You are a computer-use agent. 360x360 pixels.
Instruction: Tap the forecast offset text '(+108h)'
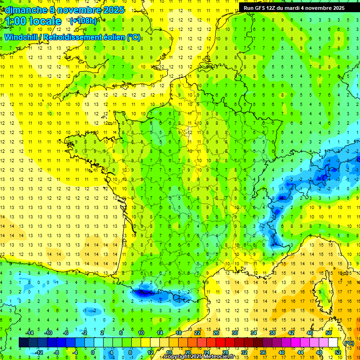click(x=83, y=21)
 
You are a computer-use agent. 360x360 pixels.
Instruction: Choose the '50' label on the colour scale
click(x=329, y=333)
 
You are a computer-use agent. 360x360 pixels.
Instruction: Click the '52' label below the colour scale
click(x=338, y=352)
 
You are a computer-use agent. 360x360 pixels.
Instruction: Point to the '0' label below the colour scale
click(x=93, y=352)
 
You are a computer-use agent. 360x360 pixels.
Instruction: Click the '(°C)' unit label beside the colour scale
click(x=349, y=343)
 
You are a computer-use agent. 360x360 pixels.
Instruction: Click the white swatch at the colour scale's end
click(x=333, y=343)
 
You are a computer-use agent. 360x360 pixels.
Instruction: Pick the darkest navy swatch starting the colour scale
click(x=23, y=343)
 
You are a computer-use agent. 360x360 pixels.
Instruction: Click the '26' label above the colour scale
click(x=216, y=333)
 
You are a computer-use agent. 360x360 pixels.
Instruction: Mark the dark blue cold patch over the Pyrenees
click(x=146, y=292)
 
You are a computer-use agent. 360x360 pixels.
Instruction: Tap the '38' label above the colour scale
click(x=272, y=333)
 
